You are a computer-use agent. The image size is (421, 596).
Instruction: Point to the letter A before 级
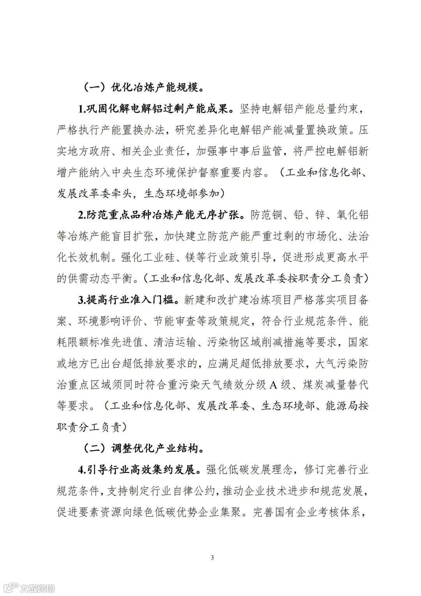pos(274,385)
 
